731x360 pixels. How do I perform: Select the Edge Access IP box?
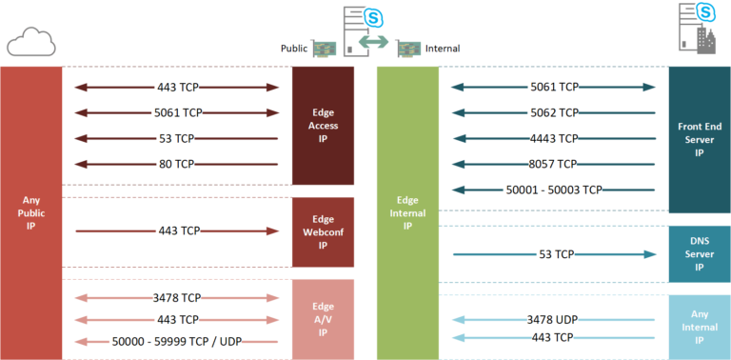[324, 125]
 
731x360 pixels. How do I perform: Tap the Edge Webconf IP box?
[324, 231]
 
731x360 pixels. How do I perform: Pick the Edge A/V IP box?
[324, 318]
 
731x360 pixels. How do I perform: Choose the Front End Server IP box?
[700, 139]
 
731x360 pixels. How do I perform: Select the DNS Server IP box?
[700, 254]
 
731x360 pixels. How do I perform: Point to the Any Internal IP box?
[700, 326]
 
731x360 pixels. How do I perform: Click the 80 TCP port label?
[176, 164]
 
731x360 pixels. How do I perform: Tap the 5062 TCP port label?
[554, 112]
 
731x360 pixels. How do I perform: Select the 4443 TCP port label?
[554, 138]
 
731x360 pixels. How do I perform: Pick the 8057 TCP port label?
[554, 164]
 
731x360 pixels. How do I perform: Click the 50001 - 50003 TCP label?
[554, 190]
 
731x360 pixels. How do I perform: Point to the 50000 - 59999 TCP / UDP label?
[176, 341]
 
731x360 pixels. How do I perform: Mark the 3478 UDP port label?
[554, 320]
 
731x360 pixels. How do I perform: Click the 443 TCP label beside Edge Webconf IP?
[176, 230]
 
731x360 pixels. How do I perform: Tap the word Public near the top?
[294, 47]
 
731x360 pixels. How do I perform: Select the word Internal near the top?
[443, 47]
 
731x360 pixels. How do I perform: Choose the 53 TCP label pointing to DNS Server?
[554, 254]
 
